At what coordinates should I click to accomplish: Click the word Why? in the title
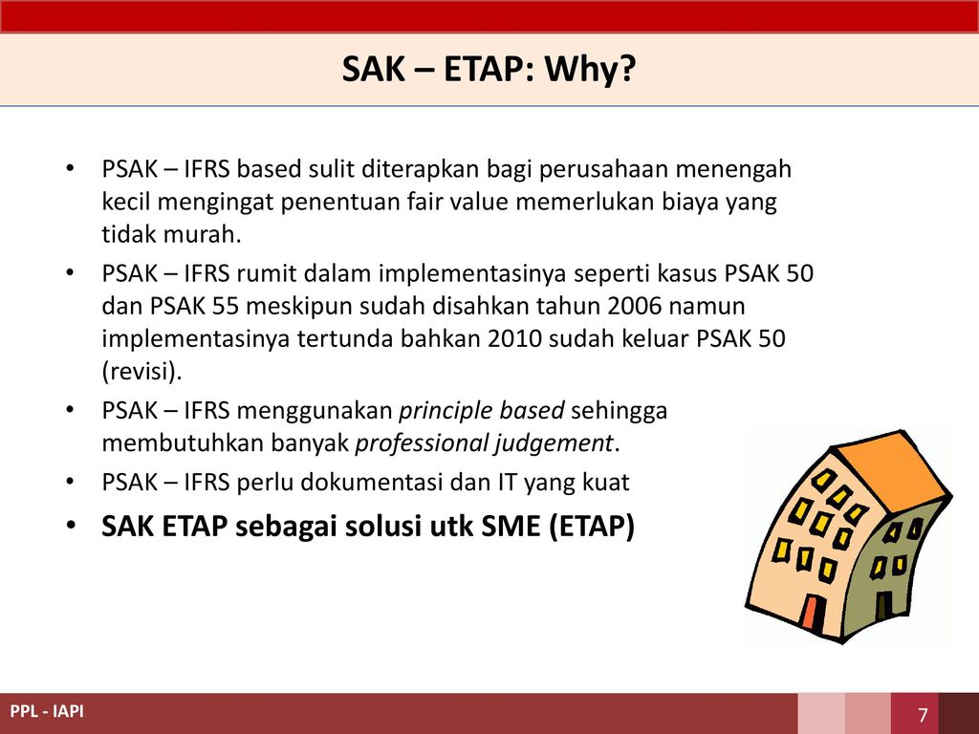pyautogui.click(x=590, y=69)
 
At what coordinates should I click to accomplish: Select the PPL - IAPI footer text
pyautogui.click(x=47, y=711)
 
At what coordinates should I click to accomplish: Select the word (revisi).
pyautogui.click(x=141, y=372)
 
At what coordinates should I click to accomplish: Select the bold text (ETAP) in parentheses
pyautogui.click(x=592, y=527)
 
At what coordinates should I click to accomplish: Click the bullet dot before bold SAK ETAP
pyautogui.click(x=71, y=527)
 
